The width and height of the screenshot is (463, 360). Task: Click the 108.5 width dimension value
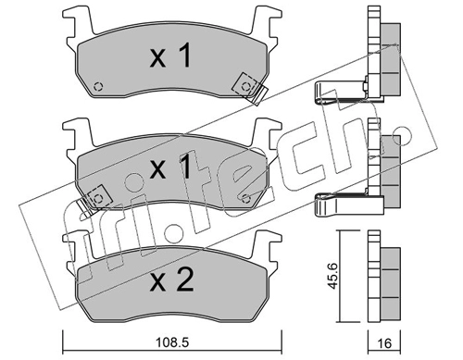click(x=172, y=342)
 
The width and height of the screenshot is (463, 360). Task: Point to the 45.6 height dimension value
click(x=332, y=276)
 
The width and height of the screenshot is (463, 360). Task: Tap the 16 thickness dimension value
click(x=384, y=343)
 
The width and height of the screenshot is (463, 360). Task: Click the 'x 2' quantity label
click(x=171, y=279)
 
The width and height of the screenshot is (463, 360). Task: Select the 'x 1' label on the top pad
click(x=170, y=56)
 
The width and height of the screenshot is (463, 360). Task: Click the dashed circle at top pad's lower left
click(x=98, y=87)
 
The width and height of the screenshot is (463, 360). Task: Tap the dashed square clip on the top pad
click(x=246, y=86)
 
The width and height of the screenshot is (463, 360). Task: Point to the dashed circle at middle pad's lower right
click(x=246, y=199)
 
